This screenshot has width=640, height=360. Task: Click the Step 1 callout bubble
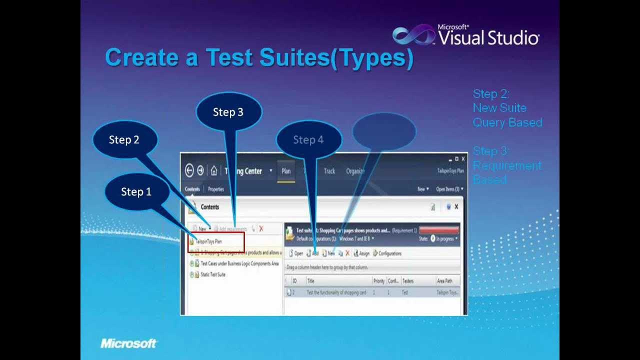coord(136,192)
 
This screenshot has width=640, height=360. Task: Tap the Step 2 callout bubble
coord(124,140)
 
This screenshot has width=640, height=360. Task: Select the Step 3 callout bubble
coord(228,112)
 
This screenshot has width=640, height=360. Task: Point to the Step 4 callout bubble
coord(308,140)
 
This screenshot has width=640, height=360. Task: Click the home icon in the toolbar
coord(214,171)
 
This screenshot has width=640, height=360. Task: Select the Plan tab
coord(286,171)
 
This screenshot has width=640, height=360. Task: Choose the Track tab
coord(329,171)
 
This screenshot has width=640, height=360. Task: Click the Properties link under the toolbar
coord(216,189)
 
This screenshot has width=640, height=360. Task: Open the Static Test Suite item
coord(213,274)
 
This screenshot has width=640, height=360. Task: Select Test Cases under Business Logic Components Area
coord(239,263)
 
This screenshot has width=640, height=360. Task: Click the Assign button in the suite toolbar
coord(362,253)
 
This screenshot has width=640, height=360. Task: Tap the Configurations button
coord(387,253)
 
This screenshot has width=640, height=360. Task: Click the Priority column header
coord(379,281)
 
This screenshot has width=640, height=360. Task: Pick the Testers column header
coord(408,281)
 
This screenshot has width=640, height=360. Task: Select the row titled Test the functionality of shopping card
coord(336,292)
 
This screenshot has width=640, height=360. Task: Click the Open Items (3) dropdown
coord(449,189)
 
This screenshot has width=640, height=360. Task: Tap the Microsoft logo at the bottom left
coord(129,343)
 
